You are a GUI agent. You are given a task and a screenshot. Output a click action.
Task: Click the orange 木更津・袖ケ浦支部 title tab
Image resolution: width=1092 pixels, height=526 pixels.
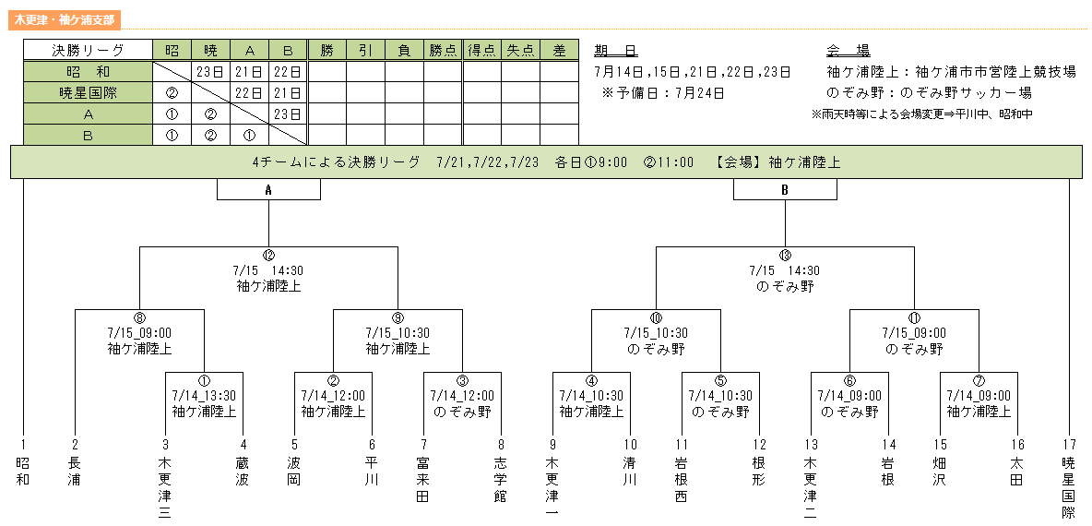pyautogui.click(x=65, y=20)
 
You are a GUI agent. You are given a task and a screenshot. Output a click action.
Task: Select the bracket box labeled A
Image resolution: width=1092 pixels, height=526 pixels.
pyautogui.click(x=268, y=189)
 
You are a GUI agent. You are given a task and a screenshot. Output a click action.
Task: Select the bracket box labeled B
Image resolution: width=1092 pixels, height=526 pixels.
pyautogui.click(x=785, y=189)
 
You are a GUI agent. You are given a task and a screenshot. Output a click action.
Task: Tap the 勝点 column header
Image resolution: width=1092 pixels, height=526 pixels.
pyautogui.click(x=442, y=50)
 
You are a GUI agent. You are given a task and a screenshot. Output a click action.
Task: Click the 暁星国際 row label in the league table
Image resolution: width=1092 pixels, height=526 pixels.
pyautogui.click(x=88, y=92)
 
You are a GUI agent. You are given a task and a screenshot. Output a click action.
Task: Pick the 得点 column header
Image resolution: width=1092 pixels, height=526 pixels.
pyautogui.click(x=482, y=50)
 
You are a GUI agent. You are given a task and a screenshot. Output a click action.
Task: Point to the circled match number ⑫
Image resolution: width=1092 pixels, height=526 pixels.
pyautogui.click(x=268, y=256)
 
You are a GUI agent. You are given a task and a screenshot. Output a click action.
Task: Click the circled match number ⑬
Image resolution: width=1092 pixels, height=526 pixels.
pyautogui.click(x=785, y=256)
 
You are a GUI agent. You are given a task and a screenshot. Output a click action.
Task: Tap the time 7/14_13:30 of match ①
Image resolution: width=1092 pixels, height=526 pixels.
pyautogui.click(x=204, y=396)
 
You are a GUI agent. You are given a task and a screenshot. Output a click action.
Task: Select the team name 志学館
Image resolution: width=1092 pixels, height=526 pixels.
pyautogui.click(x=501, y=480)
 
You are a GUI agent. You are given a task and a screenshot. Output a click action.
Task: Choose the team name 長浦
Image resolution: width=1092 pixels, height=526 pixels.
pyautogui.click(x=75, y=472)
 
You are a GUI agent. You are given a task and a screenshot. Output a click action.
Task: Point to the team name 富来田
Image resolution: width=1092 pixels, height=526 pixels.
pyautogui.click(x=423, y=480)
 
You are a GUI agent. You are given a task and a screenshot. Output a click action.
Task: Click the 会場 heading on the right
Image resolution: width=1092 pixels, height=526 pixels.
pyautogui.click(x=848, y=51)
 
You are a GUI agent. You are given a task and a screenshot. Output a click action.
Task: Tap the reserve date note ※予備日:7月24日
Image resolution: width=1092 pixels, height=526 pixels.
pyautogui.click(x=663, y=93)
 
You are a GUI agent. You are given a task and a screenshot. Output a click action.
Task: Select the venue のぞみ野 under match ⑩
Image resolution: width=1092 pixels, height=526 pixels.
pyautogui.click(x=656, y=349)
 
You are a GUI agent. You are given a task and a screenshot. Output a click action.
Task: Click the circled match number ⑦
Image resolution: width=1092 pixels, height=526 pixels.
pyautogui.click(x=979, y=380)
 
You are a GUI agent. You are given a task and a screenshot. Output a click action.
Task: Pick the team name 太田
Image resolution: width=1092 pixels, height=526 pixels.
pyautogui.click(x=1016, y=472)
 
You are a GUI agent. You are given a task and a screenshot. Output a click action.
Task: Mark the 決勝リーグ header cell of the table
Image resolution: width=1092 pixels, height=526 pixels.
pyautogui.click(x=88, y=50)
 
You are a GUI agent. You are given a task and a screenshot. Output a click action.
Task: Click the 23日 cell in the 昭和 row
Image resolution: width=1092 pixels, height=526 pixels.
pyautogui.click(x=210, y=72)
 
